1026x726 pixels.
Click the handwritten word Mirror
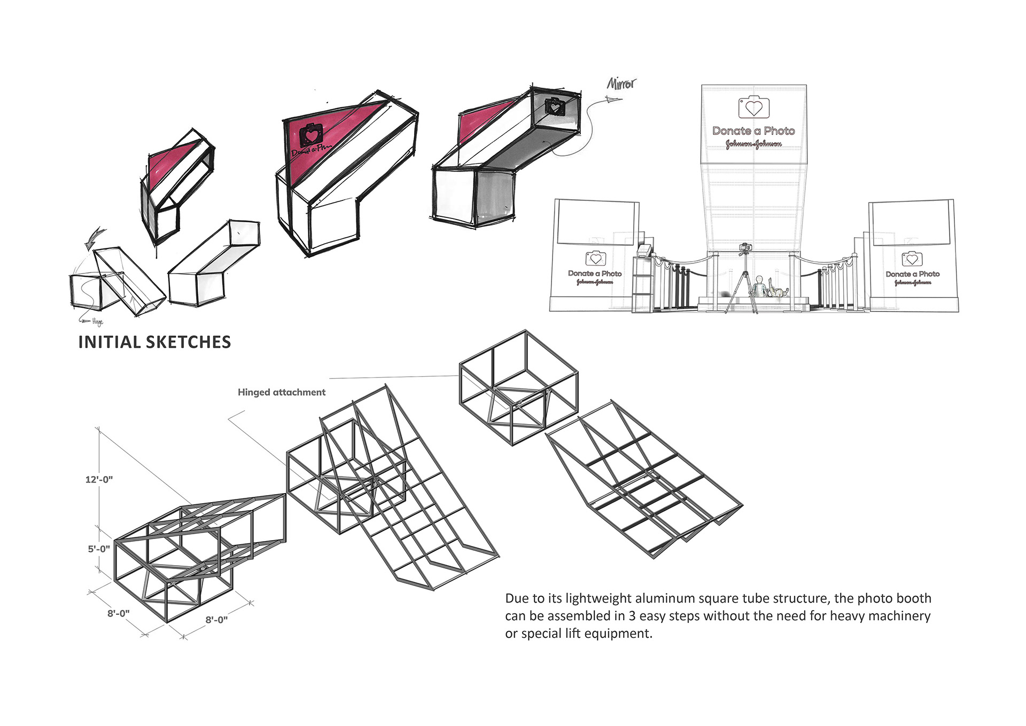[x=621, y=83]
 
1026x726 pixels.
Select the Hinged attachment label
[x=281, y=392]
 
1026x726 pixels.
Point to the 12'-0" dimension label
[x=99, y=479]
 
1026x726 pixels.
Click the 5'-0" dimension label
[x=99, y=549]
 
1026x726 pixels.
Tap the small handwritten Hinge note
[x=97, y=322]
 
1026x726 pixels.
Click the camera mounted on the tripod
[x=745, y=248]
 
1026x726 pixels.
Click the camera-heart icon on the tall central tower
[x=753, y=107]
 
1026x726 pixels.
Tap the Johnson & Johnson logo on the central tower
[x=753, y=144]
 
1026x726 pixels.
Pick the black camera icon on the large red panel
[x=310, y=134]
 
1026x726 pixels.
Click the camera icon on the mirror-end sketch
[x=555, y=107]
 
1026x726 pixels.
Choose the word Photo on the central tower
[x=779, y=131]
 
